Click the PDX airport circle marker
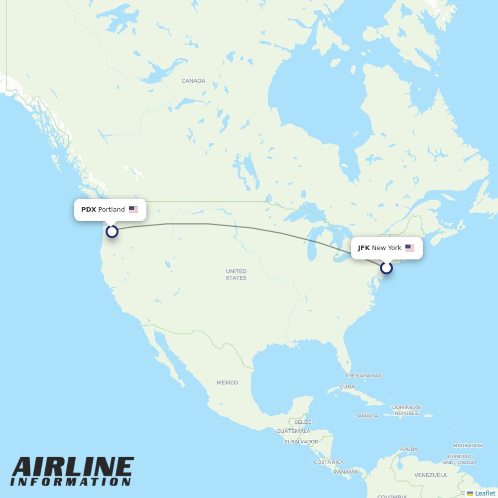[x=112, y=231]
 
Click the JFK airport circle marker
[x=386, y=268]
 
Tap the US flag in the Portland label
[x=133, y=210]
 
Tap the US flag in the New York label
[x=410, y=248]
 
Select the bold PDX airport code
[x=89, y=210]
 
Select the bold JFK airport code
[x=364, y=248]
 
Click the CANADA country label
[x=193, y=81]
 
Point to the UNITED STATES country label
[x=236, y=274]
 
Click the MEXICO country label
[x=227, y=382]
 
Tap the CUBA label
[x=347, y=386]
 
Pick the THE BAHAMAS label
[x=363, y=375]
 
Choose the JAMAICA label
[x=367, y=416]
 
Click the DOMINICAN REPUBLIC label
[x=407, y=410]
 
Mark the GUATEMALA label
[x=293, y=431]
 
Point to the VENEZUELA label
[x=431, y=475]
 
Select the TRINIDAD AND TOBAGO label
[x=459, y=459]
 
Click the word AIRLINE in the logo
[x=73, y=468]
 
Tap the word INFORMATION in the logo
[x=71, y=482]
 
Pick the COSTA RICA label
[x=329, y=462]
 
